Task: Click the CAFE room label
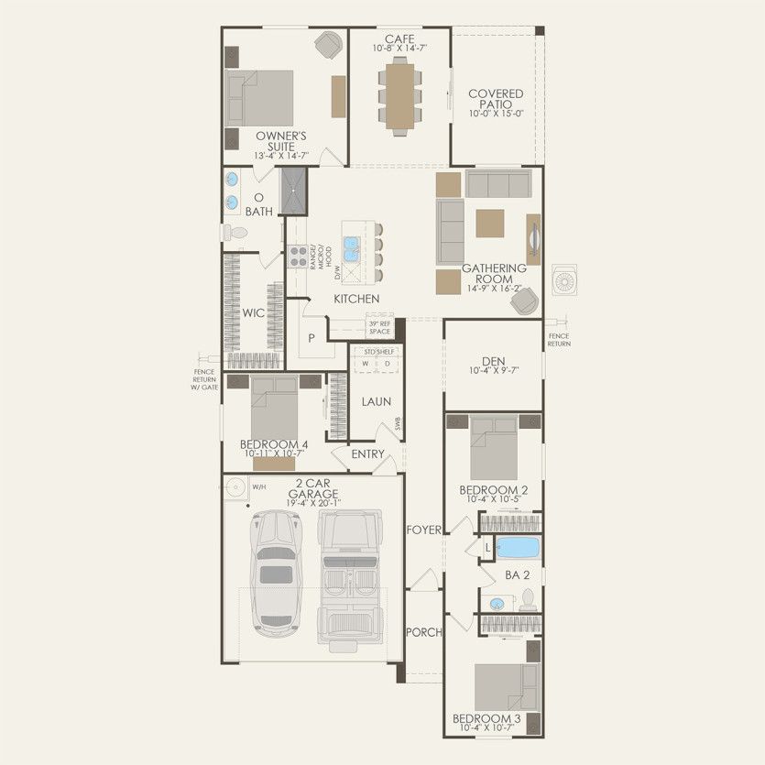pyautogui.click(x=399, y=38)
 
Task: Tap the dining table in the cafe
pyautogui.click(x=400, y=95)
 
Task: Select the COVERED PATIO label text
pyautogui.click(x=496, y=99)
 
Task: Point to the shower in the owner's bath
pyautogui.click(x=293, y=191)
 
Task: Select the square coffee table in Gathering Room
pyautogui.click(x=489, y=223)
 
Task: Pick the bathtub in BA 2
pyautogui.click(x=518, y=548)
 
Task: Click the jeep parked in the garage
pyautogui.click(x=349, y=577)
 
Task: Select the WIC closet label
pyautogui.click(x=253, y=312)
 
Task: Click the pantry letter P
pyautogui.click(x=311, y=338)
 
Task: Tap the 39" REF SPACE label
pyautogui.click(x=379, y=327)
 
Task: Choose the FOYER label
pyautogui.click(x=425, y=530)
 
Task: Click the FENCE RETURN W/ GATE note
pyautogui.click(x=204, y=379)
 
